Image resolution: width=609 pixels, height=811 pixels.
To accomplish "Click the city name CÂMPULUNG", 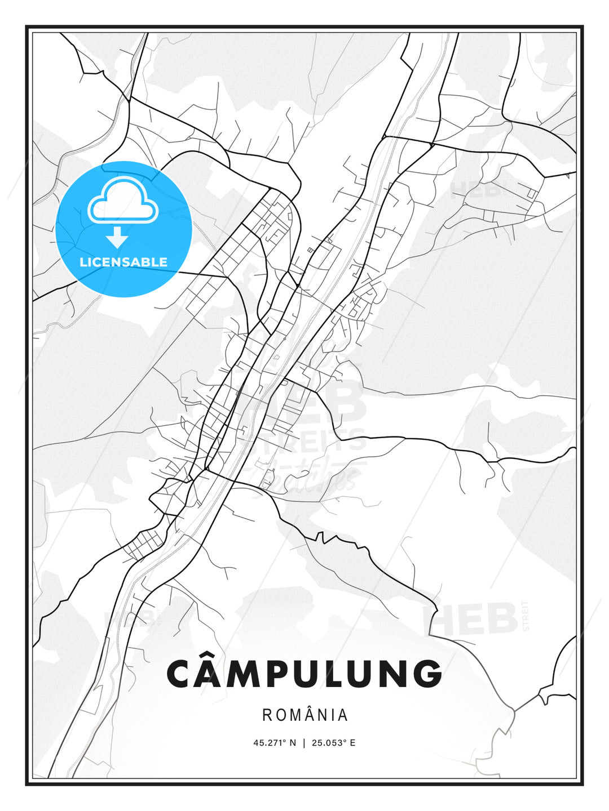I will point(304,674).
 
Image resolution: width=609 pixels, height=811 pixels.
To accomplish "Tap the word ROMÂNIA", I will point(305,715).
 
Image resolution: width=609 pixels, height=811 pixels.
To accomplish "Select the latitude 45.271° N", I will point(275,742).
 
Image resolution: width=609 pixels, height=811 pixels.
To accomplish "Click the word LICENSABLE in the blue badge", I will point(123,262).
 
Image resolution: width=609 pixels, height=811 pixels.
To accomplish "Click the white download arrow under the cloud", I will point(117,237).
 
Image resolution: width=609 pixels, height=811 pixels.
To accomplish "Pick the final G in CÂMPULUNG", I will point(427,674).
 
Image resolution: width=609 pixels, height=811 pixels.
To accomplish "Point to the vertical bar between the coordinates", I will point(304,742).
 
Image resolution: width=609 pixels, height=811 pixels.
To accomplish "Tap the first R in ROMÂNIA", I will point(267,715).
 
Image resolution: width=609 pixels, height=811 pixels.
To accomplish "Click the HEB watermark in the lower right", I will point(471,619).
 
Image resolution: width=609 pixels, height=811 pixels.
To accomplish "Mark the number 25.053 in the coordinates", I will point(328,742).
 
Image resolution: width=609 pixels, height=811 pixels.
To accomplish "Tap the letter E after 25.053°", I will point(353,742).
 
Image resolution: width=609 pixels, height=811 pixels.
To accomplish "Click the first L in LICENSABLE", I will point(83,262).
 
